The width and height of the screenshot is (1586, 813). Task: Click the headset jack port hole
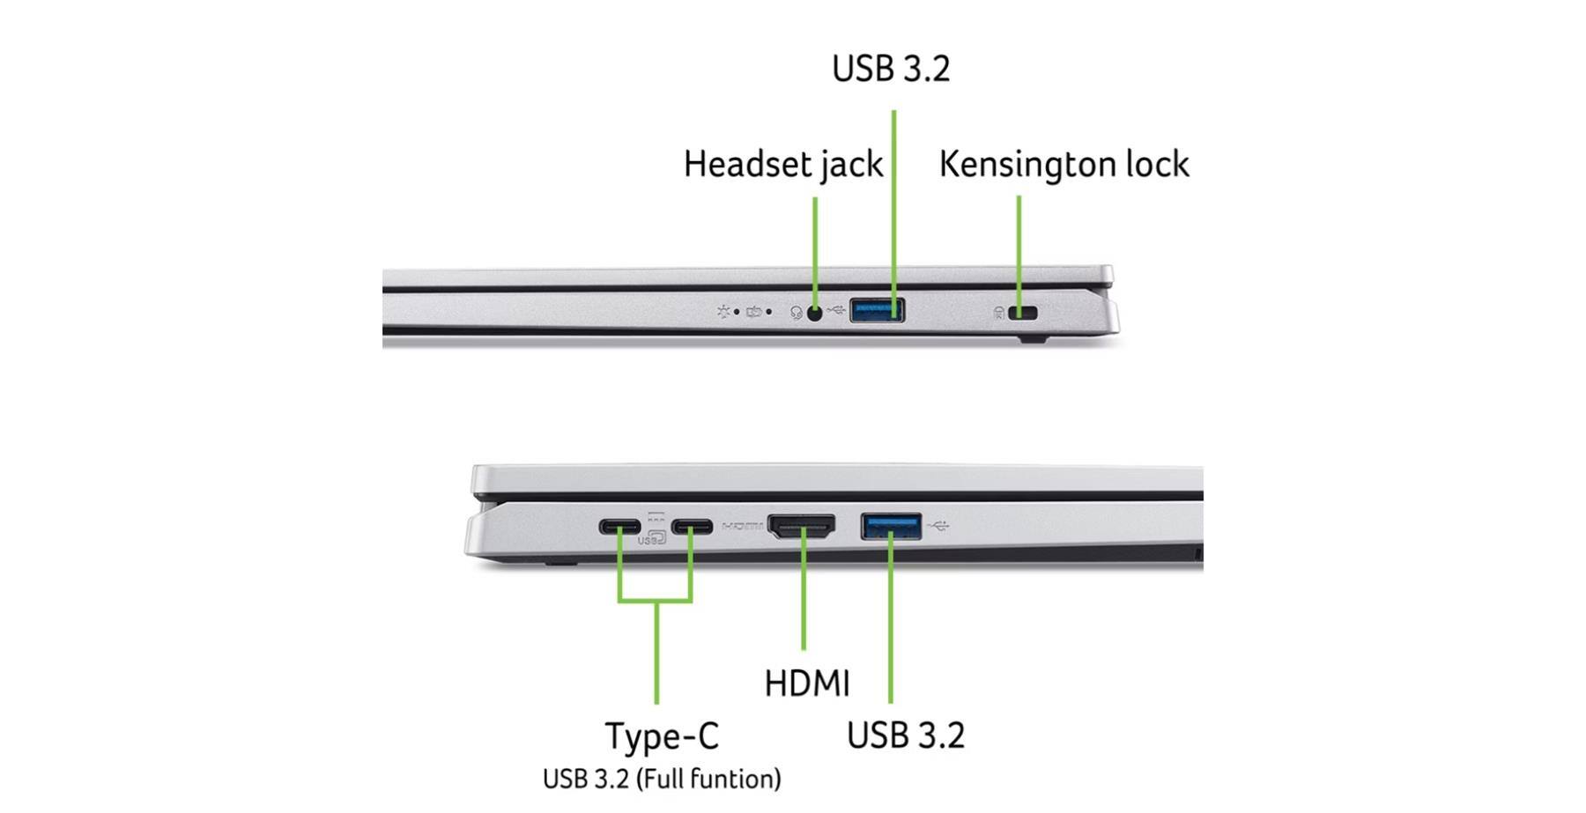tap(815, 312)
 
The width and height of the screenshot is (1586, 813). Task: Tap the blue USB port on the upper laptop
tap(877, 310)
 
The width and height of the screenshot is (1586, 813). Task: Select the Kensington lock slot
tap(1024, 313)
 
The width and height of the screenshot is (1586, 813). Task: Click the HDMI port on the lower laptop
tap(802, 527)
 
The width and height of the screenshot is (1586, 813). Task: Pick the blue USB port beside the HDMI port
tap(891, 527)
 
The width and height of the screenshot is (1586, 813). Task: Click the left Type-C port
tap(619, 528)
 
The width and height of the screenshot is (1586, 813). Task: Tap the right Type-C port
tap(692, 528)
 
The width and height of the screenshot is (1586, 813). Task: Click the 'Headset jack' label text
tap(782, 165)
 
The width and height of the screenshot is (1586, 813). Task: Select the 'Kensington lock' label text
tap(1064, 165)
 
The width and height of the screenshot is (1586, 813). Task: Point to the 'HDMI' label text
tap(806, 684)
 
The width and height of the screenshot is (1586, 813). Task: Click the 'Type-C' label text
tap(661, 736)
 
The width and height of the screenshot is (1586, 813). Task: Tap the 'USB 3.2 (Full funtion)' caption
tap(661, 779)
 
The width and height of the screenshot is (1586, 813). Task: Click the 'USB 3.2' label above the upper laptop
tap(891, 69)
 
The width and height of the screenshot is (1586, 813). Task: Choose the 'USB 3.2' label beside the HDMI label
tap(905, 735)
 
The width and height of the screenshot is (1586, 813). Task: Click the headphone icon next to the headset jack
tap(797, 313)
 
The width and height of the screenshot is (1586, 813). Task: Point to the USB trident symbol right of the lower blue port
tap(939, 527)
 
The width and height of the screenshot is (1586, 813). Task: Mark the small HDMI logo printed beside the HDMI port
tap(743, 527)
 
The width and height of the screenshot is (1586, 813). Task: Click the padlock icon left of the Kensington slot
tap(999, 313)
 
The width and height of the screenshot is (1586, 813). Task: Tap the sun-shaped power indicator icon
tap(723, 312)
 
